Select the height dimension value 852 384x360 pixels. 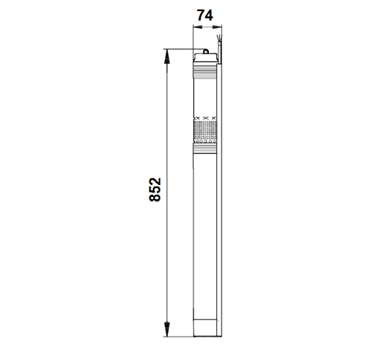[x=154, y=191]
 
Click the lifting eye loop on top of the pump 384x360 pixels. [x=207, y=51]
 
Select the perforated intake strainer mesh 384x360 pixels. [x=205, y=131]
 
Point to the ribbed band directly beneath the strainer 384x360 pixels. [x=205, y=148]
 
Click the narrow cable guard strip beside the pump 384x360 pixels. [x=221, y=184]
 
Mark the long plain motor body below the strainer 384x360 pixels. [x=205, y=235]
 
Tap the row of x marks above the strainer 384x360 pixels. [x=205, y=118]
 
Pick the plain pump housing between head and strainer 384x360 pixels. [x=205, y=96]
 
